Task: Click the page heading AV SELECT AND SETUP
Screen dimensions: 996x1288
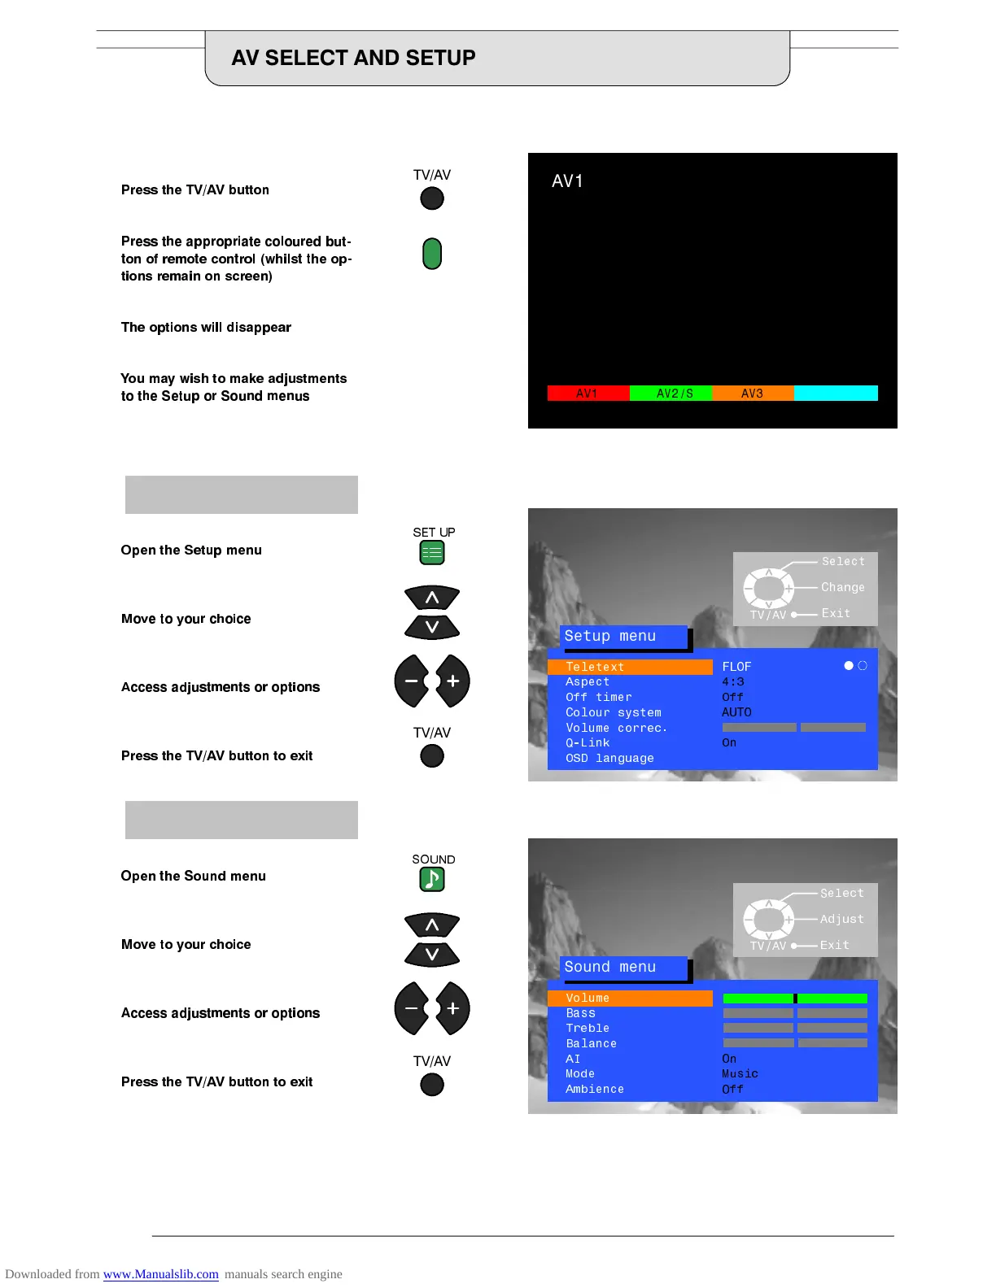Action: [x=353, y=58]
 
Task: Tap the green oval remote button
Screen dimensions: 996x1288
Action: [x=432, y=254]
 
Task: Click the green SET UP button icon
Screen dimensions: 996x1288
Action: [x=432, y=553]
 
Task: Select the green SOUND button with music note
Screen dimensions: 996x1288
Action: [x=432, y=879]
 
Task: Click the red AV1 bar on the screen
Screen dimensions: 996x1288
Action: [x=588, y=394]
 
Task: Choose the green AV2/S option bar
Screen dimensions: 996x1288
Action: [x=671, y=394]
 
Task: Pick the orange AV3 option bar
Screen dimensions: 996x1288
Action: [x=753, y=394]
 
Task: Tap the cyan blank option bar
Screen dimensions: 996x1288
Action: [x=836, y=394]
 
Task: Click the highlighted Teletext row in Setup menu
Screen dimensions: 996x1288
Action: [x=629, y=667]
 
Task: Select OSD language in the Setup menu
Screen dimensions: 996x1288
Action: [x=609, y=759]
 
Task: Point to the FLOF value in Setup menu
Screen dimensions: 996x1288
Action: [x=736, y=667]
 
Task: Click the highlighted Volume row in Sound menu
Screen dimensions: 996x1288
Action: [x=629, y=998]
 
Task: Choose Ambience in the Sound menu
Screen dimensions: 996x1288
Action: [x=595, y=1090]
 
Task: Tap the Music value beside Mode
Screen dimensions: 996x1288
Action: [x=740, y=1074]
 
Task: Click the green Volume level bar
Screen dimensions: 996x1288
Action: [x=794, y=999]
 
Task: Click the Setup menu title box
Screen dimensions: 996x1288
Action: [x=623, y=637]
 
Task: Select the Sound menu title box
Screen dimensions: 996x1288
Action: [x=623, y=968]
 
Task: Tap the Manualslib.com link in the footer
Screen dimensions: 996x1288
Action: [x=160, y=1274]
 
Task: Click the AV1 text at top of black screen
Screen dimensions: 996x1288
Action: [x=567, y=181]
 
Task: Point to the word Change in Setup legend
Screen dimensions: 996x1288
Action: [x=842, y=587]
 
